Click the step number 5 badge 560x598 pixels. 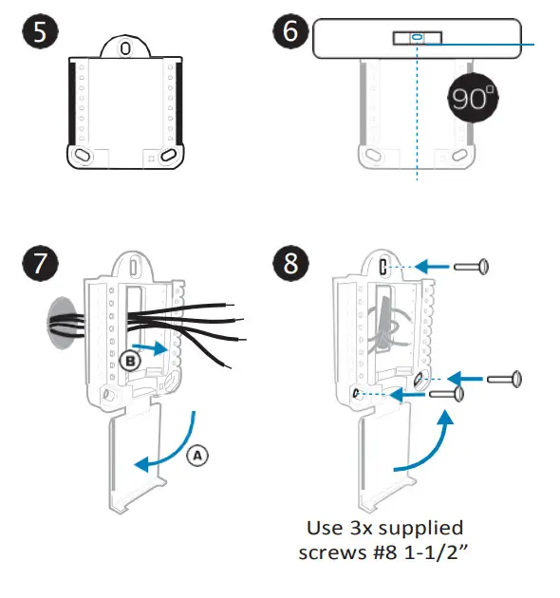(x=40, y=31)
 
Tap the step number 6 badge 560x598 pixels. (x=290, y=30)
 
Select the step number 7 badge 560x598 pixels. (x=40, y=263)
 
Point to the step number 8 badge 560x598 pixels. (x=290, y=263)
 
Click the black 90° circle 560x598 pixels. (x=473, y=98)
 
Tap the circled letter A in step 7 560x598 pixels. (x=197, y=456)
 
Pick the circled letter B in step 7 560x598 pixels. (x=130, y=361)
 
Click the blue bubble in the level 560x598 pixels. (x=417, y=37)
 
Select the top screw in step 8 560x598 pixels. (x=471, y=267)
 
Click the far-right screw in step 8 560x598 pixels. (x=504, y=379)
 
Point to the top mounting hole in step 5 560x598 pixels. (x=125, y=48)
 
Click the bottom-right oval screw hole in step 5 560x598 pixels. (x=168, y=156)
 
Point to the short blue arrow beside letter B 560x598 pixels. (x=150, y=347)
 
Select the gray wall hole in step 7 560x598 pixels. (x=61, y=323)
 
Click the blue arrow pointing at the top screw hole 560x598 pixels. (x=432, y=266)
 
